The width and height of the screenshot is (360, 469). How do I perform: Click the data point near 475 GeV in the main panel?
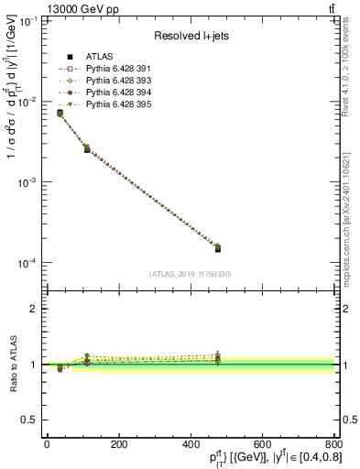pyautogui.click(x=218, y=247)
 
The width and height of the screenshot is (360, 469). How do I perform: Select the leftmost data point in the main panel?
pyautogui.click(x=60, y=114)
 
